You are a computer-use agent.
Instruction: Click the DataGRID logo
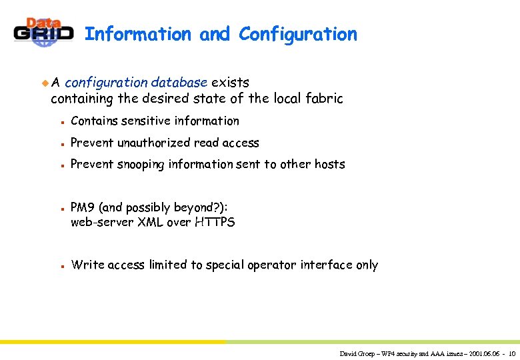pos(44,33)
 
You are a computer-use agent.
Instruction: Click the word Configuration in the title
pos(298,34)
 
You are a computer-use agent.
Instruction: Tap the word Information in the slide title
pos(138,34)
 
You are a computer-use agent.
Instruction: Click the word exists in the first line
pos(230,83)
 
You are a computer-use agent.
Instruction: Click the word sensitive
pos(145,121)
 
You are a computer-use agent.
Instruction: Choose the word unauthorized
pos(153,143)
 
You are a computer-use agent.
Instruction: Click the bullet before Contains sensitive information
pos(61,122)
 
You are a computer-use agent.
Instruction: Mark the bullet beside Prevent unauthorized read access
pos(61,144)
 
